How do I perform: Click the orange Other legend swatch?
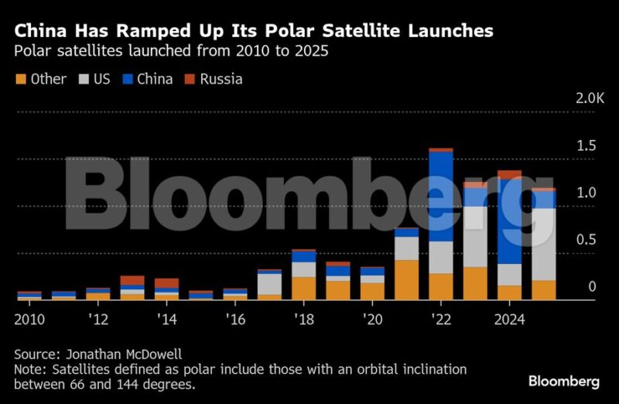coord(21,79)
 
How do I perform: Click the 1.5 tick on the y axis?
coord(585,146)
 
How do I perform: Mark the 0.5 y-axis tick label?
coord(585,240)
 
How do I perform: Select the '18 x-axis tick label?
coord(303,320)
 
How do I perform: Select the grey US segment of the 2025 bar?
coord(543,245)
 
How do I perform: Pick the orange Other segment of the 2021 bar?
coord(405,279)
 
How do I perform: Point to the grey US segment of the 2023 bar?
coord(475,237)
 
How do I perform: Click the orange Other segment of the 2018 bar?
coord(303,288)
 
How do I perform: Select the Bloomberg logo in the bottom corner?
coord(563,381)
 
